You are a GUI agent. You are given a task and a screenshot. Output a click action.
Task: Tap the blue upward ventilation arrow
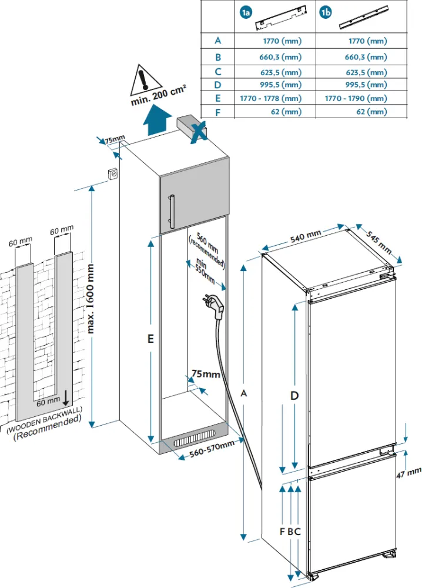(x=156, y=121)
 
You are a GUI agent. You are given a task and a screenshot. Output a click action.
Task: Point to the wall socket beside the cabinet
(x=113, y=175)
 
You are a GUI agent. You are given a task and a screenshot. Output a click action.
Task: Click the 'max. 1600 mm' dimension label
(x=91, y=298)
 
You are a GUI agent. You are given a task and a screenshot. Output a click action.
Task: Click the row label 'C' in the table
(x=218, y=72)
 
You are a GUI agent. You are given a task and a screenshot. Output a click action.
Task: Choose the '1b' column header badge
(x=326, y=12)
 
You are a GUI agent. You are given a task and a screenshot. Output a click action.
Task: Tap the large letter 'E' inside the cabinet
(x=151, y=339)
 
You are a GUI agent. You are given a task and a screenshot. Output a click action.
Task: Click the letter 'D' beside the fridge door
(x=294, y=396)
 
